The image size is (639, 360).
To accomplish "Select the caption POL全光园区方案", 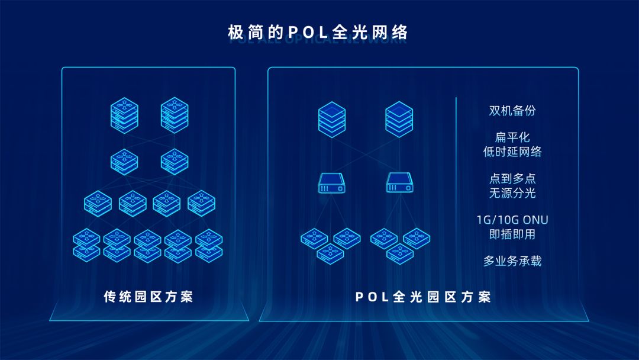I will pos(423,297).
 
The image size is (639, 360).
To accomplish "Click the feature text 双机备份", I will pos(512,111).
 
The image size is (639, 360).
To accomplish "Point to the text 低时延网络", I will pos(512,152).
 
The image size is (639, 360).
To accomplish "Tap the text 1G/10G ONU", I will pos(512,220).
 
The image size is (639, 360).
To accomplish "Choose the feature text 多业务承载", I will pos(512,261).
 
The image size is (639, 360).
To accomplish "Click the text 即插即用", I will pos(512,234).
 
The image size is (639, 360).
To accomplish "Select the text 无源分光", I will pos(512,193).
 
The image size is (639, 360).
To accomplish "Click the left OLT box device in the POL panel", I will pos(331,183).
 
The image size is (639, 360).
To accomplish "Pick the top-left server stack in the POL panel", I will pos(331,118).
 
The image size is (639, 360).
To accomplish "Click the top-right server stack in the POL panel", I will pos(399,118).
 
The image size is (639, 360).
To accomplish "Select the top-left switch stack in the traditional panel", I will pos(124,114).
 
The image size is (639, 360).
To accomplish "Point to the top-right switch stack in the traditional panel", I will pos(175,114).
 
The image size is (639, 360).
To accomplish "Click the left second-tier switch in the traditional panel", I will pos(124,160).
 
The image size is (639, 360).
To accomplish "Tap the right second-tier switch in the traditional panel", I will pos(175,160).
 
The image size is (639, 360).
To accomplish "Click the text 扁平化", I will pos(512,137).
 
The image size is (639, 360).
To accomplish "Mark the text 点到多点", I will pos(512,179).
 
